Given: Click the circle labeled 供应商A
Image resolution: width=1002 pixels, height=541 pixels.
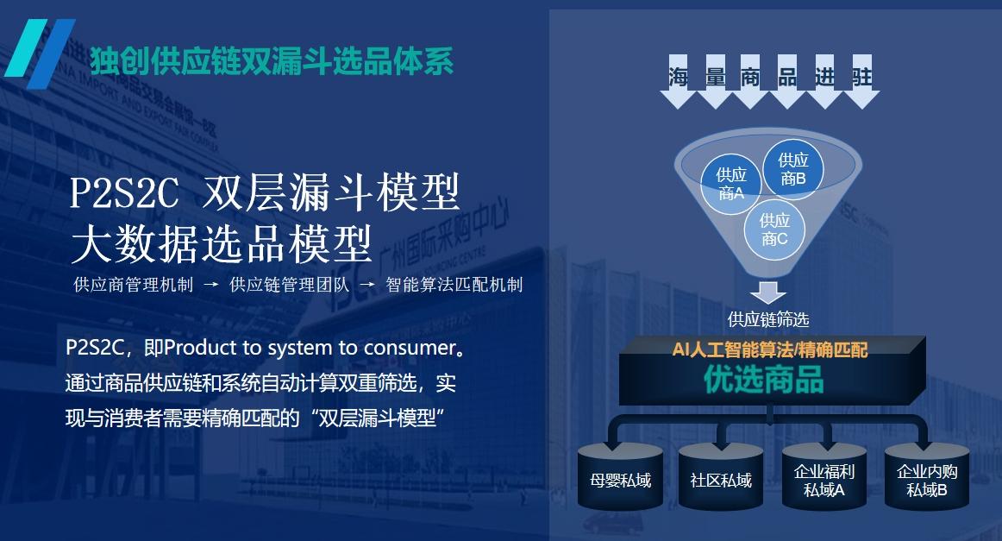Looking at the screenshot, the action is click(731, 184).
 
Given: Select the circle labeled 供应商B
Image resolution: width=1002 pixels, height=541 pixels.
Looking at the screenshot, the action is click(793, 169).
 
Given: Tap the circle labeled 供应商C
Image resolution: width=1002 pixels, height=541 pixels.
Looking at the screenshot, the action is click(774, 230).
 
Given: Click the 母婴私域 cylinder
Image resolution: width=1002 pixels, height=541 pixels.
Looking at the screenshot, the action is click(620, 476).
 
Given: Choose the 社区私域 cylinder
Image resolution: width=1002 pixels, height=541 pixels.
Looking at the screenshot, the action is click(721, 476).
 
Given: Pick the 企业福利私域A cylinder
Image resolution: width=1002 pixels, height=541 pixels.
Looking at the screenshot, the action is click(824, 476).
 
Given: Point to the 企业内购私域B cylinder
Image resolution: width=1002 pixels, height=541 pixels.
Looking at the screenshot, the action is click(927, 476).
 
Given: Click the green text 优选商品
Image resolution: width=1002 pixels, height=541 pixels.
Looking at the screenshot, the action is click(764, 379).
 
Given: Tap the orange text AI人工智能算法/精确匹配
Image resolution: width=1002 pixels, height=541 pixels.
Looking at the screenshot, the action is click(770, 349).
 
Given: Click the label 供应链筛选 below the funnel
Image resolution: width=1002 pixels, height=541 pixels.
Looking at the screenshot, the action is click(768, 319).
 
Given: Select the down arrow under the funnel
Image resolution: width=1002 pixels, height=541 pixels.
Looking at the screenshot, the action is click(768, 293).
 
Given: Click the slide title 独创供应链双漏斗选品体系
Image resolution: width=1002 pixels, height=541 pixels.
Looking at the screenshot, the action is click(272, 61).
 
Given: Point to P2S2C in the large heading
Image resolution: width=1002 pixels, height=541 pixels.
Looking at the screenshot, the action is click(124, 192).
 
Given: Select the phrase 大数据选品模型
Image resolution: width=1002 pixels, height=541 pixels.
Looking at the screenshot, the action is click(221, 244).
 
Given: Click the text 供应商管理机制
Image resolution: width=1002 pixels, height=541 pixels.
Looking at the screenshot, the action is click(134, 285).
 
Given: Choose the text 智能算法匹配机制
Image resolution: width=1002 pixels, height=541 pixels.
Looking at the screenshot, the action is click(454, 285).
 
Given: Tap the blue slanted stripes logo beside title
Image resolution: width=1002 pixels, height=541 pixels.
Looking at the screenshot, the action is click(40, 53).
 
